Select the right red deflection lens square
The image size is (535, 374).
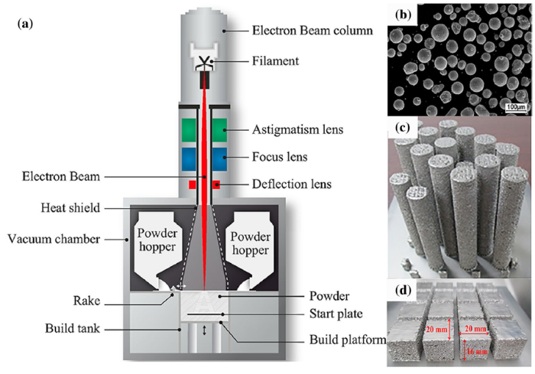[217, 184]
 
